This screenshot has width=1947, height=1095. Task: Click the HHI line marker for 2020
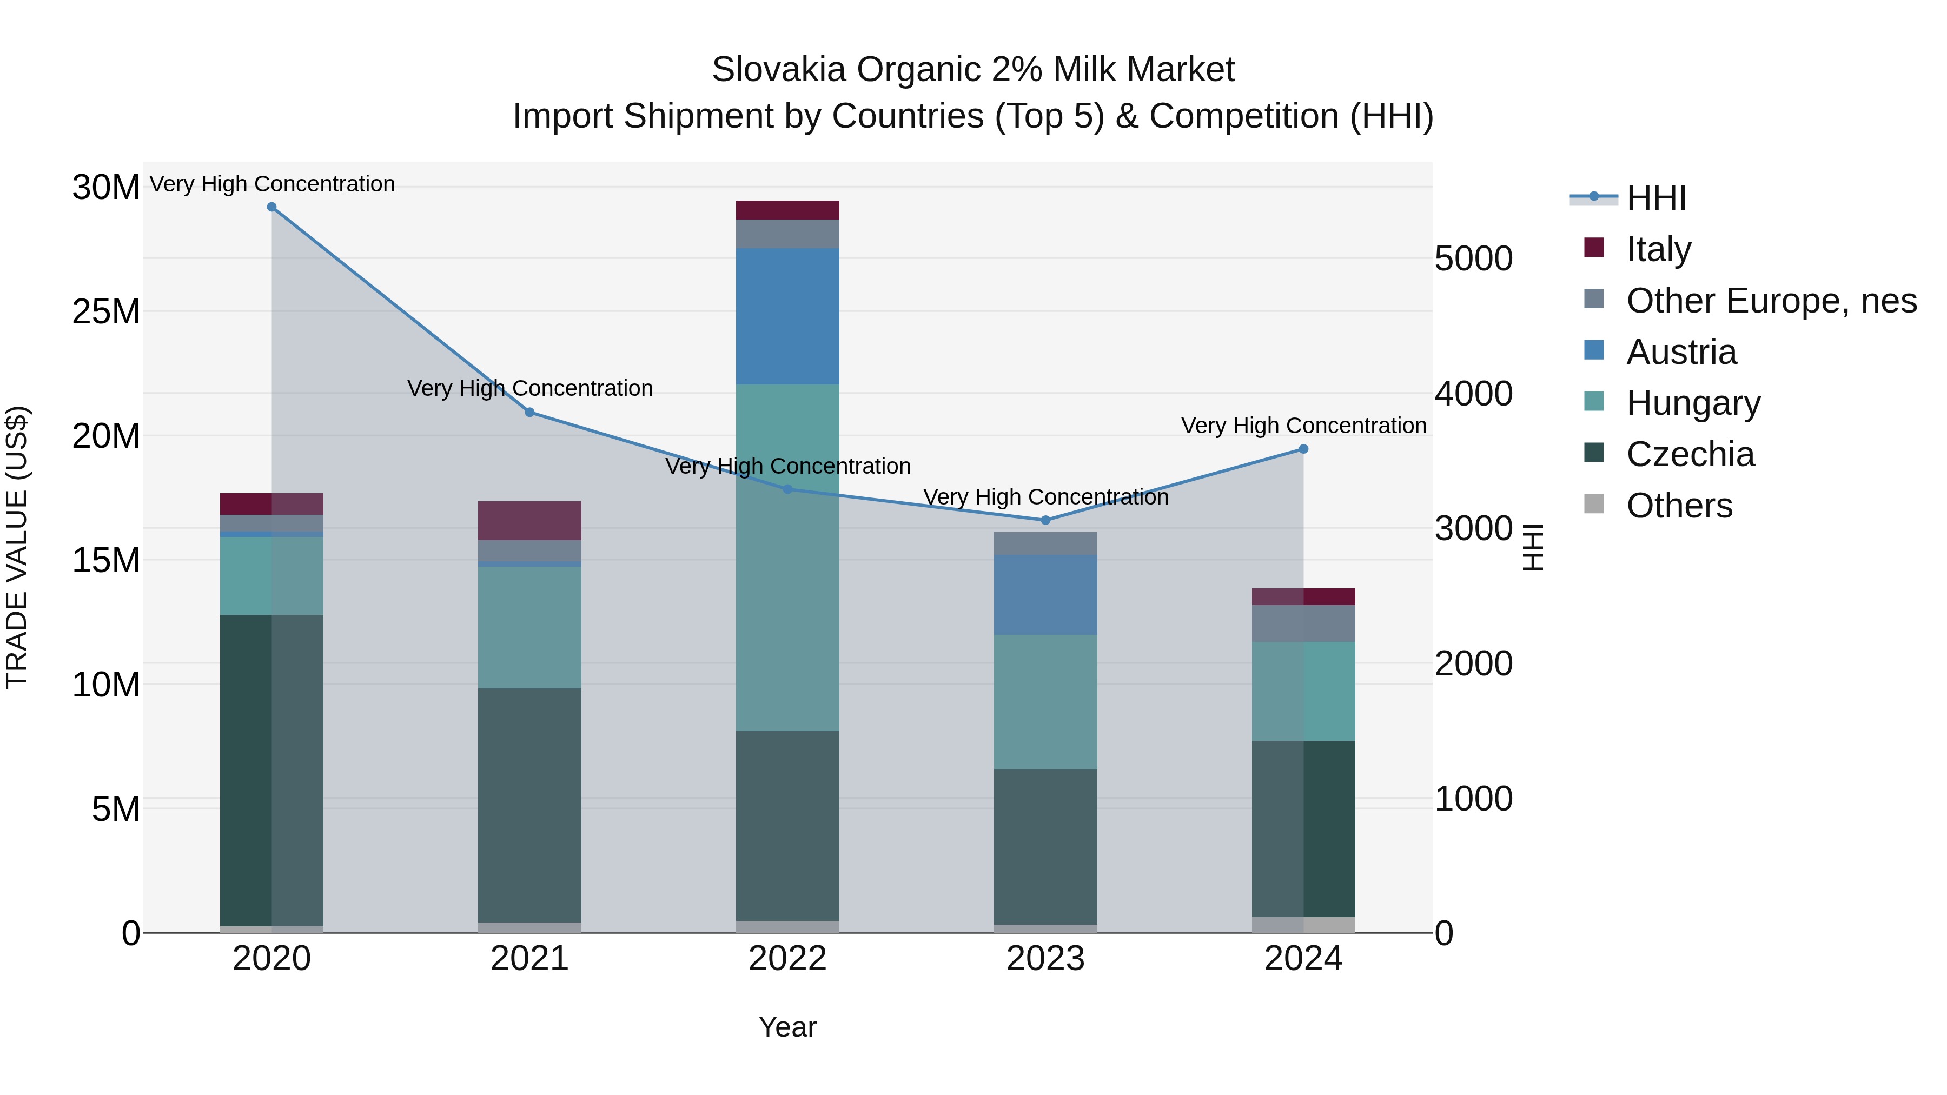272,207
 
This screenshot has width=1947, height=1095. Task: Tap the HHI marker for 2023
1045,520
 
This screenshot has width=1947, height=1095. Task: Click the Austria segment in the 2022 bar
787,316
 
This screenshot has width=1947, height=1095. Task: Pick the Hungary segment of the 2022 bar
787,557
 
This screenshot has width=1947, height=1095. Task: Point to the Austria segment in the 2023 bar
1045,595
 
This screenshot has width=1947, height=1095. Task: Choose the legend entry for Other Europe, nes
1771,301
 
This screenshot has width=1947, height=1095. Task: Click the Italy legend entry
1658,249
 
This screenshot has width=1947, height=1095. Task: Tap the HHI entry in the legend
1655,198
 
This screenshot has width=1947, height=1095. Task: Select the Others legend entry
1679,506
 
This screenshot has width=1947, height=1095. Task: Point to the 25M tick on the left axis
106,311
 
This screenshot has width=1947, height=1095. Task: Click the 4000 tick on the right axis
1473,394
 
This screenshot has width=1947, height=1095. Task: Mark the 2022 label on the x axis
787,959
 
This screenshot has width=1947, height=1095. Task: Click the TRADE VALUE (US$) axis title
17,547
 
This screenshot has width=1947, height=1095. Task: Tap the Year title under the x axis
787,1027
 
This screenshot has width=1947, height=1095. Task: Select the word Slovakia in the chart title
778,70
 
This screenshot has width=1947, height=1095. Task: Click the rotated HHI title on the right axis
1532,547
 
